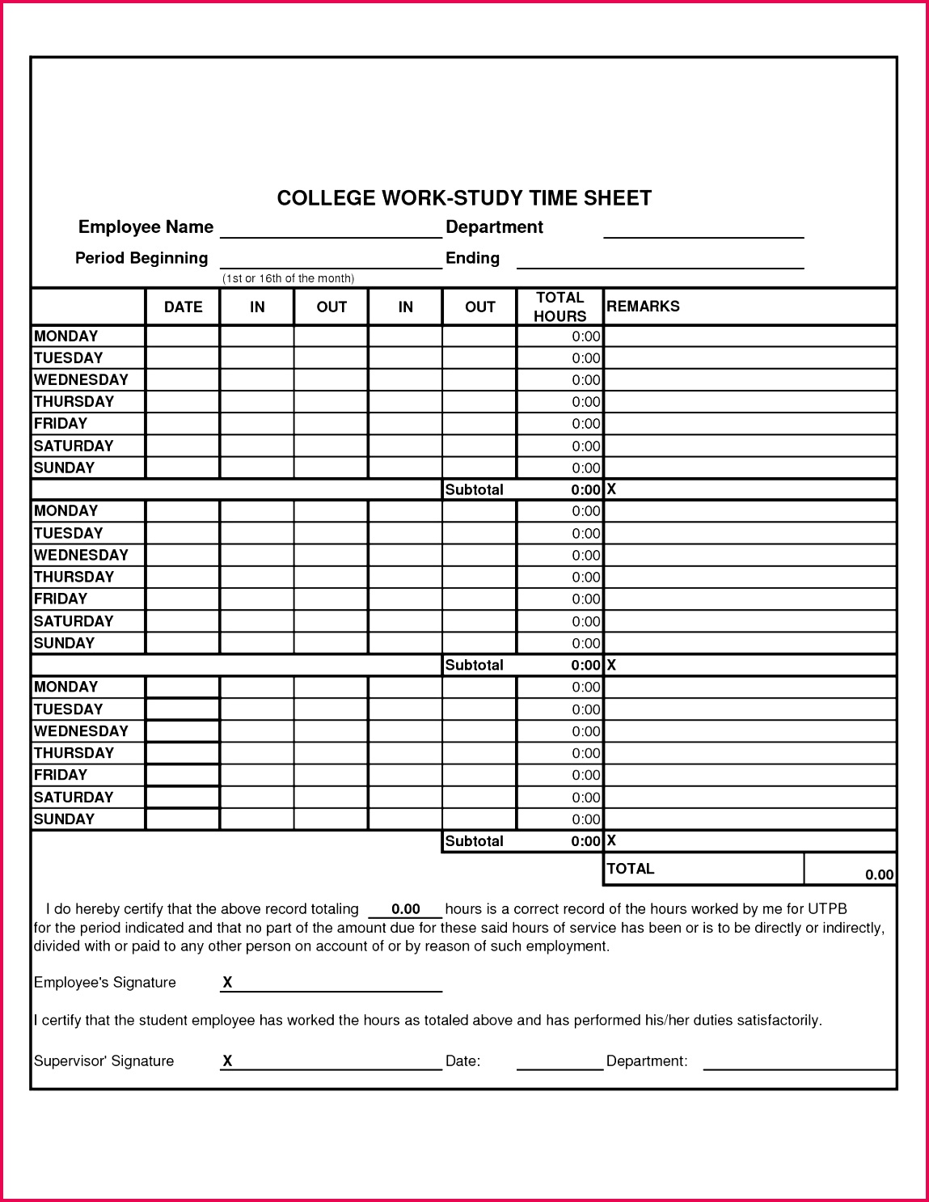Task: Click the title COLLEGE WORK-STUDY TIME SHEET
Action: (x=464, y=198)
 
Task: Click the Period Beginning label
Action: (x=141, y=258)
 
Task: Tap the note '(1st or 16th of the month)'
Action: (x=288, y=278)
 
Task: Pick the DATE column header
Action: (x=183, y=307)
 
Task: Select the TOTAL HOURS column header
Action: (x=560, y=307)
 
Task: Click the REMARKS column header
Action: (x=643, y=306)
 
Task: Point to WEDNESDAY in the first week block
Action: (x=81, y=379)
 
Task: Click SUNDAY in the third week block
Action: (x=64, y=819)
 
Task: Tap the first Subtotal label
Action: (x=474, y=489)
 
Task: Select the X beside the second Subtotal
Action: (x=611, y=665)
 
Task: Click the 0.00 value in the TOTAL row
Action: (x=879, y=874)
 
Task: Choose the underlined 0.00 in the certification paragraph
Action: (x=405, y=909)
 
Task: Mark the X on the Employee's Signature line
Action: (x=227, y=982)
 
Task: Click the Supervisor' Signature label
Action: (x=103, y=1061)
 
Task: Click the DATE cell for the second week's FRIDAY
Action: (x=183, y=599)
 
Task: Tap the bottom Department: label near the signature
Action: (x=647, y=1061)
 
